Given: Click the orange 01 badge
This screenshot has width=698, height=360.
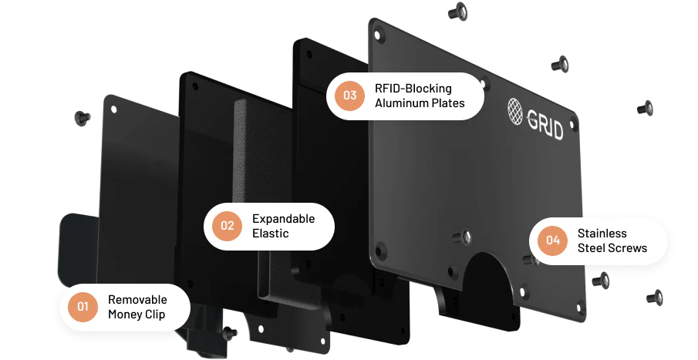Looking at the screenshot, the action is coord(83,307).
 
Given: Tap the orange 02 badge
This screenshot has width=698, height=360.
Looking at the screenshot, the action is coord(227,226).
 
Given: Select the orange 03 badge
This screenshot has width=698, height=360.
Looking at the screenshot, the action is coord(350,96).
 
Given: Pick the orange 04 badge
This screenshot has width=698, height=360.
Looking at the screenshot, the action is coord(553,241).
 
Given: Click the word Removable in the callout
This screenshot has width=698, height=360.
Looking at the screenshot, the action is coord(137,299).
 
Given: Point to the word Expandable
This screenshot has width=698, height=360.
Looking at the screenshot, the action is coord(284,219).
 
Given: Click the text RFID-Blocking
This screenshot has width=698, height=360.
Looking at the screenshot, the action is coord(413,89).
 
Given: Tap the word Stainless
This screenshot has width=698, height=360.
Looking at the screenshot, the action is coord(602,234).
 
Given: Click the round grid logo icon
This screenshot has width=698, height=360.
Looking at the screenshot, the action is coord(515,111).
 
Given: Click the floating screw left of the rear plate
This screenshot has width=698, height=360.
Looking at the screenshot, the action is coord(83,118).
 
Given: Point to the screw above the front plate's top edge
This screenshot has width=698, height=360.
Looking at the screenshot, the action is coord(457,11).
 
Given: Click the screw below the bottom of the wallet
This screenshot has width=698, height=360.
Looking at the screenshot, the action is coord(229,333).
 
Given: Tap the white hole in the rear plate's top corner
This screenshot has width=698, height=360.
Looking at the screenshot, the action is coord(113,109).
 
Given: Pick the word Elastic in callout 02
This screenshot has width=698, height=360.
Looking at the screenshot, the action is coord(271,234).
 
